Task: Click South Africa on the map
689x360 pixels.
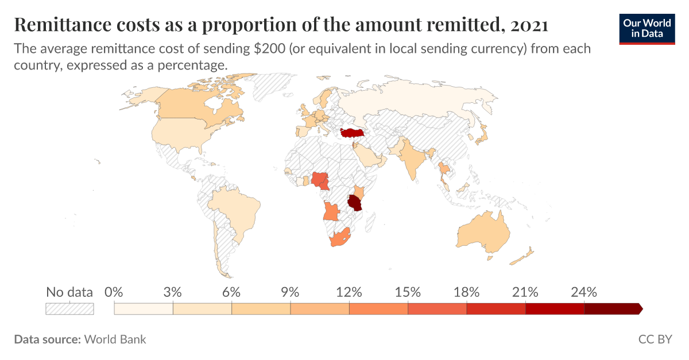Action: pos(339,237)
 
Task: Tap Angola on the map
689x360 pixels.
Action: pos(332,211)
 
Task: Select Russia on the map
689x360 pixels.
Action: pos(413,100)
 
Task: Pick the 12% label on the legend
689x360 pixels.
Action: pos(349,292)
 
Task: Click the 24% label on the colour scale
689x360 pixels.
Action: pos(585,292)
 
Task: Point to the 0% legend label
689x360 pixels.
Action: pos(115,292)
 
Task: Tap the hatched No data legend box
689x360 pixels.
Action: pos(69,309)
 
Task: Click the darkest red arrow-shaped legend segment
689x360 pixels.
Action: pos(612,309)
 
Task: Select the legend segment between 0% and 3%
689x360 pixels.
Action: pos(144,309)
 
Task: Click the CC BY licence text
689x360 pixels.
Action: pos(655,339)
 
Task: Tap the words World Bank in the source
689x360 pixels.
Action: pos(115,339)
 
